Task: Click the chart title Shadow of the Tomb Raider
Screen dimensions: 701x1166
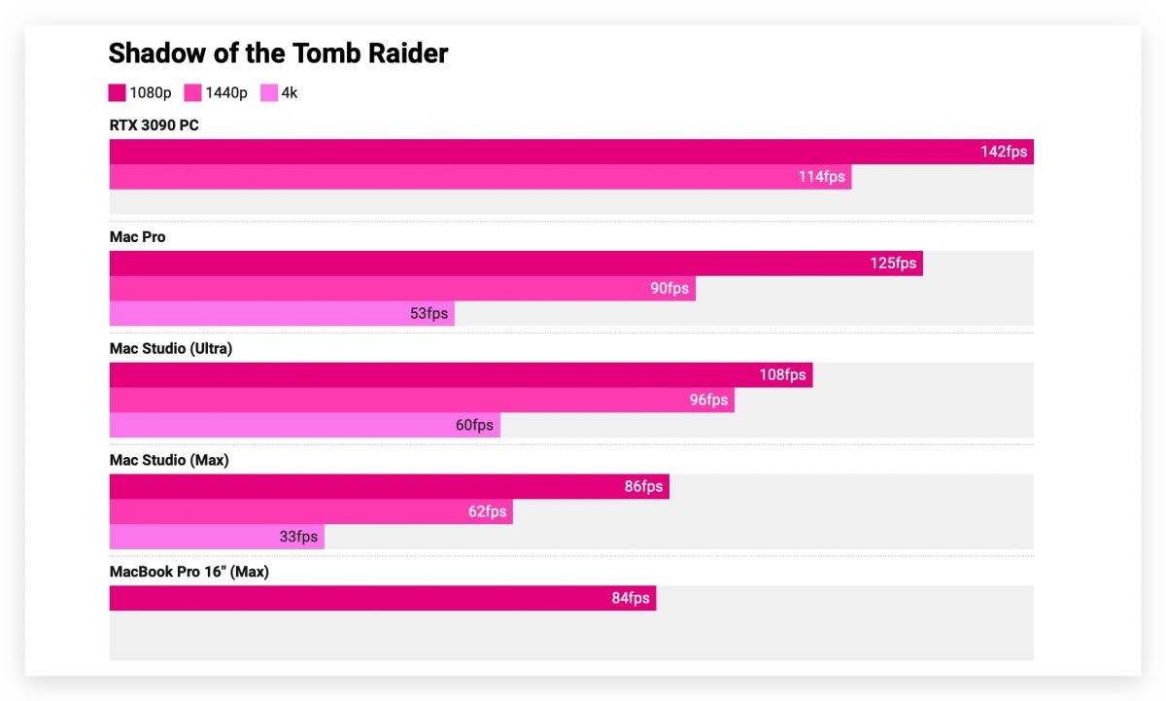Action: (x=278, y=53)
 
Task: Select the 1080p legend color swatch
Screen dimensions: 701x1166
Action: (x=117, y=93)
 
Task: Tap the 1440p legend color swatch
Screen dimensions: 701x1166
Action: (x=192, y=93)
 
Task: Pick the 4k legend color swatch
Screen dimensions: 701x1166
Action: (x=269, y=93)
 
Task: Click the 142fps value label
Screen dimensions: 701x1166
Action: (x=1004, y=152)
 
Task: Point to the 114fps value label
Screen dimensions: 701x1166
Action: (x=822, y=177)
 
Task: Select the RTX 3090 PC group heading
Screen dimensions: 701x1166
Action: (x=154, y=125)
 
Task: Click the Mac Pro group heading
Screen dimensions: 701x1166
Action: (x=137, y=237)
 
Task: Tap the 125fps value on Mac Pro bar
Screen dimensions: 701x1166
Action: (x=893, y=263)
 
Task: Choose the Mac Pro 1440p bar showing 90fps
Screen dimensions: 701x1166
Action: (x=402, y=289)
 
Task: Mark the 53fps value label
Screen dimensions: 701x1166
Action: (x=429, y=314)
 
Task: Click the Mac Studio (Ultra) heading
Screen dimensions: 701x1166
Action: (x=170, y=349)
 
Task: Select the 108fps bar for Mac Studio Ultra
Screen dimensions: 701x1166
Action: (x=461, y=375)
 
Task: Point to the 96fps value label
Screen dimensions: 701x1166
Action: (x=708, y=401)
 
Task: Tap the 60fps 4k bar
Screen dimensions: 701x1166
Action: (x=304, y=426)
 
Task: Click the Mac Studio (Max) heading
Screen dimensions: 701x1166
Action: (x=169, y=461)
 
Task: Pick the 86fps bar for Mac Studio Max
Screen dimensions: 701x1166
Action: (x=389, y=487)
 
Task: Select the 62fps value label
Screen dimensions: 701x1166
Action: (x=487, y=512)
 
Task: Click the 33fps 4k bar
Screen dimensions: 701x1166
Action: (x=216, y=538)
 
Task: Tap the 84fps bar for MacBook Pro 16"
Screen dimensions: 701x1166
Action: (x=382, y=599)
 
